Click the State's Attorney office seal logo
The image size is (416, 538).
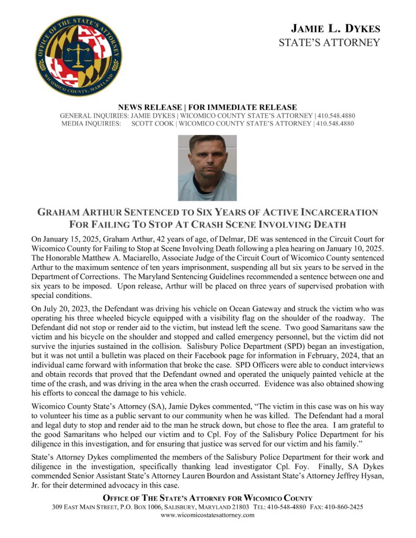tap(78, 56)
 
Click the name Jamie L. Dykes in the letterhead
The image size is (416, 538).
tap(335, 28)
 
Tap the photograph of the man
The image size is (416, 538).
tap(207, 168)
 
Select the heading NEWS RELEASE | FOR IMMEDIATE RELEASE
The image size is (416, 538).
tap(208, 107)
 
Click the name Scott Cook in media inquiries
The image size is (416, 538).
tap(152, 124)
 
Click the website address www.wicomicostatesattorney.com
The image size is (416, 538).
tap(208, 515)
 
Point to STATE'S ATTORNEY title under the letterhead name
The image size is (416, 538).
tap(329, 43)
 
